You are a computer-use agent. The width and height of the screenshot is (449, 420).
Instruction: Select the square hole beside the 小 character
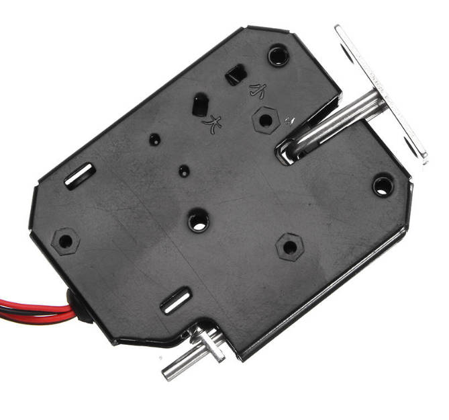[x=235, y=75]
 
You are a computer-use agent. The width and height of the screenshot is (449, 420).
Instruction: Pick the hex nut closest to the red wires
[x=65, y=239]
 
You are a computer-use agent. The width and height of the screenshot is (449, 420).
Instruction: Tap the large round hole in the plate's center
[x=198, y=220]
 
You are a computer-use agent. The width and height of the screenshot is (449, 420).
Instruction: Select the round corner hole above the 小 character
[x=279, y=54]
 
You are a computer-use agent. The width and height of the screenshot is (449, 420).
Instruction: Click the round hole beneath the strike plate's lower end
[x=383, y=184]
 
